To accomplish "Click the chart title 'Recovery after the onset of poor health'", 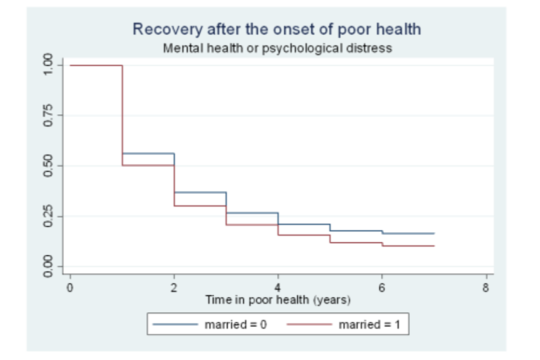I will (x=277, y=29).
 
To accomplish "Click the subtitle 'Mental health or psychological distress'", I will (x=277, y=48).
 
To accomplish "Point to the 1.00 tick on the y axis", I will (x=49, y=65).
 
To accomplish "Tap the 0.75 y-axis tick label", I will (x=49, y=115).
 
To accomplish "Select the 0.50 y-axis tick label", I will (x=49, y=166).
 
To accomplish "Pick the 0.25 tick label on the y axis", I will (x=49, y=216).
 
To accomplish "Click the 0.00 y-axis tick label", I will (x=49, y=266).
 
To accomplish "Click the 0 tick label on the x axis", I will (x=70, y=289).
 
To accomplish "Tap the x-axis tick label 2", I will (x=174, y=289).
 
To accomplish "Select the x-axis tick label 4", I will (x=278, y=289).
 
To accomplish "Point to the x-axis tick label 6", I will (x=382, y=289).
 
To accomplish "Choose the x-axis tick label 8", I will (x=486, y=289).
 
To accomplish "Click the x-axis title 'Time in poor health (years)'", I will (x=278, y=300).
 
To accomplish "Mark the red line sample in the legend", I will (x=309, y=325).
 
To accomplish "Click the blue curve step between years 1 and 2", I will (x=148, y=153).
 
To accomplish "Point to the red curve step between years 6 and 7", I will (x=408, y=246).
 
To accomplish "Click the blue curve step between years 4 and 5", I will (x=304, y=224).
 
